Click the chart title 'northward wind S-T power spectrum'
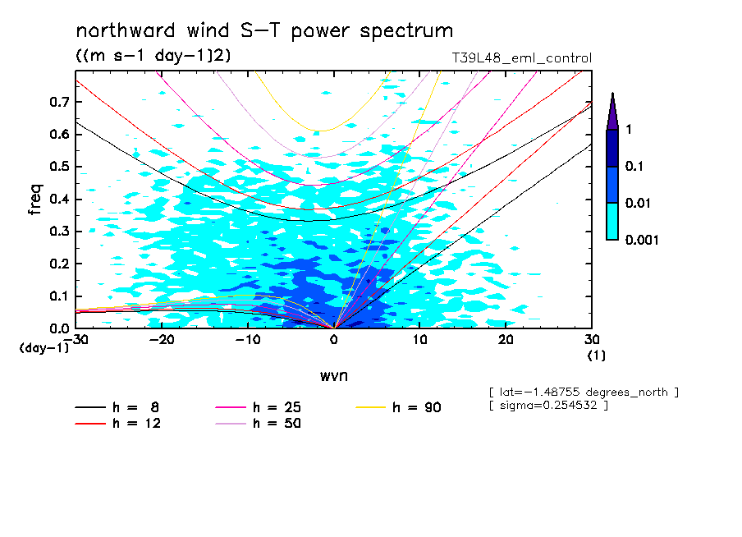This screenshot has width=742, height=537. [x=264, y=31]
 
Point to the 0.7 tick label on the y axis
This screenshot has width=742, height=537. [x=60, y=102]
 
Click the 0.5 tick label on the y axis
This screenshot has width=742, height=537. [x=60, y=167]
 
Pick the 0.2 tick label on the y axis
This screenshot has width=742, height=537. [x=60, y=264]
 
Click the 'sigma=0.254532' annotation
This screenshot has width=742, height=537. [x=547, y=406]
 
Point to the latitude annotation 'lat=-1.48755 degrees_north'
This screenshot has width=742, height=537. [x=583, y=392]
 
